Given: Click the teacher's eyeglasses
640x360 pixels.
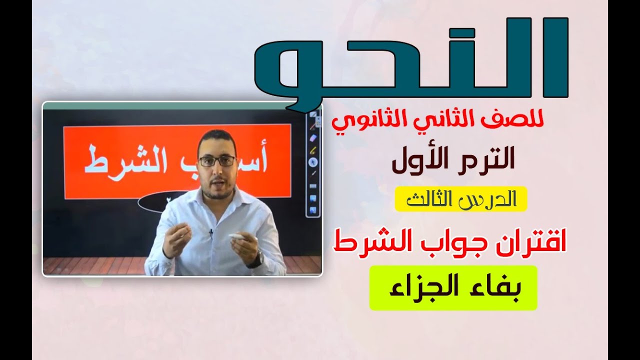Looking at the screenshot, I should (x=217, y=160).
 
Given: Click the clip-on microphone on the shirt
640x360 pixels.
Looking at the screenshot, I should (x=211, y=232).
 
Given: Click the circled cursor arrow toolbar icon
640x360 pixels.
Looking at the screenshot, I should (x=313, y=162).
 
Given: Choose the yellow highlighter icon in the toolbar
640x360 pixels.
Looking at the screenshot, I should (x=313, y=149).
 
